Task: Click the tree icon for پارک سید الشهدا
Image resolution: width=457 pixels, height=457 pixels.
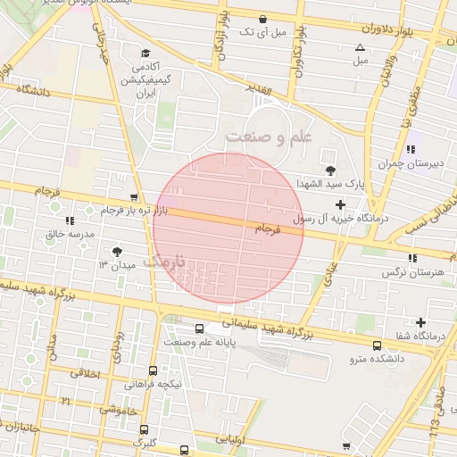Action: tap(330, 170)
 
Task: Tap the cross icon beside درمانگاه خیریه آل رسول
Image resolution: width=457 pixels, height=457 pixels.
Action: tap(339, 204)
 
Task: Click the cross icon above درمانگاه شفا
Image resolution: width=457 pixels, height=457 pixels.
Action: tap(421, 322)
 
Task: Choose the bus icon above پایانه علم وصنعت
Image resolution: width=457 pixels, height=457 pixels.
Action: tap(199, 328)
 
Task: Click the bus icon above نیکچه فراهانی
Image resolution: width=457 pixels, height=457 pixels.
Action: tap(154, 370)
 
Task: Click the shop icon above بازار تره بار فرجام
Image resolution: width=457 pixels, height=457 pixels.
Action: tap(134, 197)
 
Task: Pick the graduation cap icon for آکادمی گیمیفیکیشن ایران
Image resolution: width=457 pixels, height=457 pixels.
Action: tap(145, 54)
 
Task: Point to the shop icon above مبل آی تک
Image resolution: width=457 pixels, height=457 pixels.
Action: tap(262, 19)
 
